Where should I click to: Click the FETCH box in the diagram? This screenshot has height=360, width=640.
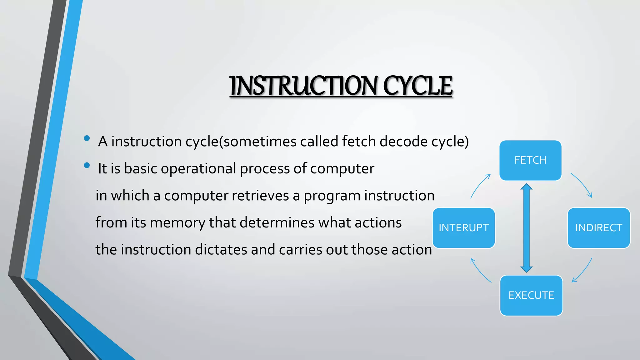tap(530, 160)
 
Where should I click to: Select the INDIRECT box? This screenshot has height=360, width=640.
tap(598, 228)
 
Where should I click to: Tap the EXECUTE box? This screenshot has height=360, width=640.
tap(531, 295)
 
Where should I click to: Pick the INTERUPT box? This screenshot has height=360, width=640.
tap(463, 228)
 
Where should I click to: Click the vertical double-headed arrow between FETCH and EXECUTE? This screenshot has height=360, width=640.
tap(527, 228)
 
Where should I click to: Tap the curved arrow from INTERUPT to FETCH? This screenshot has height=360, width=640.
tap(480, 186)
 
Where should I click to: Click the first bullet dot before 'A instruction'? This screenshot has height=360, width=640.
tap(87, 138)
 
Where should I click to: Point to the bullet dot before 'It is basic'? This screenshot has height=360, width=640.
tap(87, 165)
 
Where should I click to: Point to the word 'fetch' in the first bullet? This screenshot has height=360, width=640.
tap(359, 141)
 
